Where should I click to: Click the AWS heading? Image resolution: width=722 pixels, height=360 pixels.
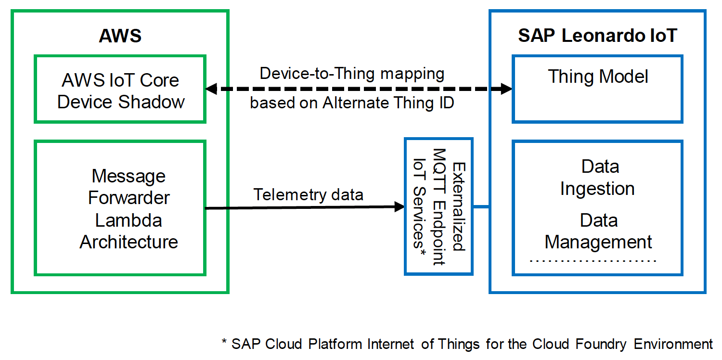pos(120,36)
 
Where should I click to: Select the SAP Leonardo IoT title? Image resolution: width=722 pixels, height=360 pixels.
pos(597,36)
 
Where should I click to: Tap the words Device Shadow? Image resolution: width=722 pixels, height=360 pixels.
pos(121,102)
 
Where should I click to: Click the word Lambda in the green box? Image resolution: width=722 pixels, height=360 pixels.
pos(129,220)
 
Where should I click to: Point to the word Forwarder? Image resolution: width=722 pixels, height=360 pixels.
pos(129,198)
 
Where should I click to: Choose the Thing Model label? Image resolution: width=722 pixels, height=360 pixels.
pos(598,77)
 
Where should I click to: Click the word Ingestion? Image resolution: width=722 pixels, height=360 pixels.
pos(597,188)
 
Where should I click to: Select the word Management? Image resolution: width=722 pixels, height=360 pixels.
pos(598,242)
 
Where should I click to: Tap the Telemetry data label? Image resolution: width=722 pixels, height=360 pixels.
pos(309,194)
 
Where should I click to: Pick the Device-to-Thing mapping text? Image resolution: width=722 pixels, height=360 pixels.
pos(352,74)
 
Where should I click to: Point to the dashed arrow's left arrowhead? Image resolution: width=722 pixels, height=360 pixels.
pos(211,89)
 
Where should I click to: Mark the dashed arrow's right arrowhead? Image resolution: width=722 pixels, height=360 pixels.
pos(506,89)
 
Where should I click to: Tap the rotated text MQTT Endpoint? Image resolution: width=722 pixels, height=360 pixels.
pos(439,206)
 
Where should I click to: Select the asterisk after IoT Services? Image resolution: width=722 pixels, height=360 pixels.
pos(422,253)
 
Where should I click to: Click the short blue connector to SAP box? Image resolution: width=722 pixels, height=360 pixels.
pos(481,207)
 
